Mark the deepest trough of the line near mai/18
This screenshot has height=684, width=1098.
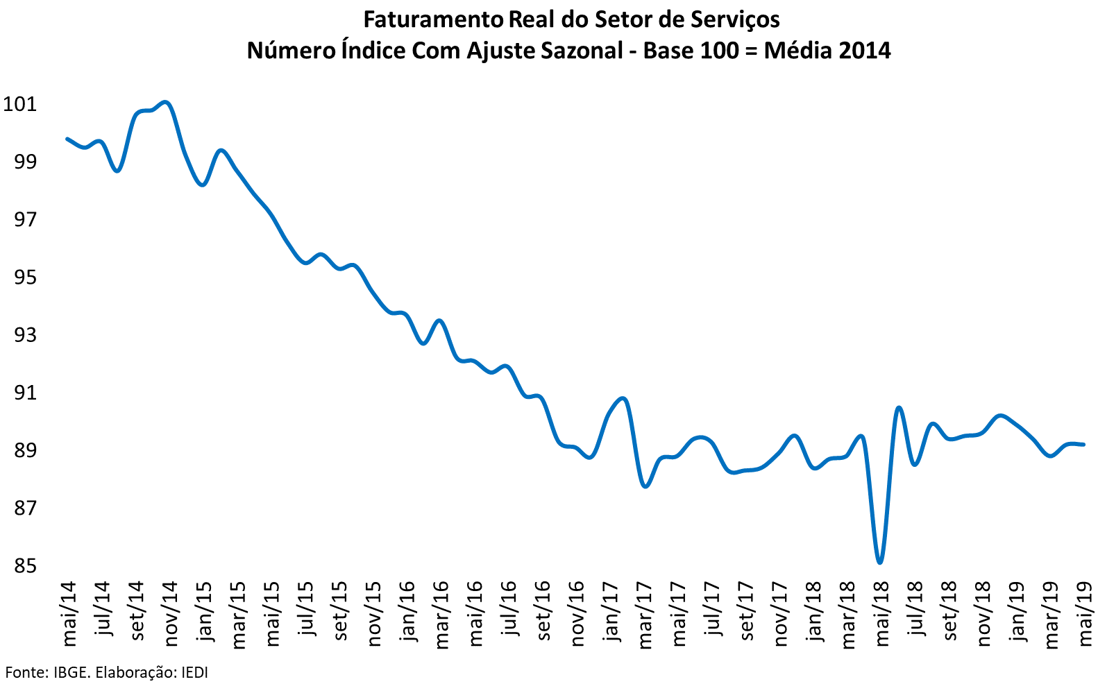click(x=880, y=562)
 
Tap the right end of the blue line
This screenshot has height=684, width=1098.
click(x=1083, y=445)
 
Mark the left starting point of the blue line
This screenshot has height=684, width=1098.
click(x=67, y=139)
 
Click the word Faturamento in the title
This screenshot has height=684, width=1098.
click(x=432, y=19)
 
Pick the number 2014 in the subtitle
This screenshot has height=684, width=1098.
click(x=864, y=51)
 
